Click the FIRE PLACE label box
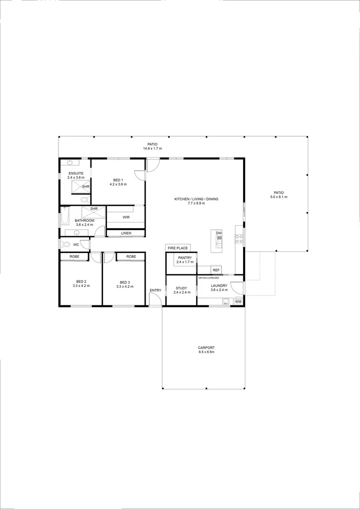coord(178,248)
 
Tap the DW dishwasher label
coord(219,233)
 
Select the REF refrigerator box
coord(216,270)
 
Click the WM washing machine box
coord(238,301)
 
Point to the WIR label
coord(126,217)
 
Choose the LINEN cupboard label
coord(126,233)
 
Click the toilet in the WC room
coord(65,245)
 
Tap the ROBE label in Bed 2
coord(74,256)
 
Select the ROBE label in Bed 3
coord(131,256)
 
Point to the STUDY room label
coord(181,288)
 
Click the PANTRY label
coord(185,258)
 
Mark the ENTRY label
coord(155,290)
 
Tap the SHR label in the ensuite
coord(85,187)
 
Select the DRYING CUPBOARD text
coord(209,278)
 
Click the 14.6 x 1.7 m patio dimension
coord(152,148)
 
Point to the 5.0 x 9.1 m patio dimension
coord(278,197)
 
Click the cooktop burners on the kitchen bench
coord(239,238)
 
